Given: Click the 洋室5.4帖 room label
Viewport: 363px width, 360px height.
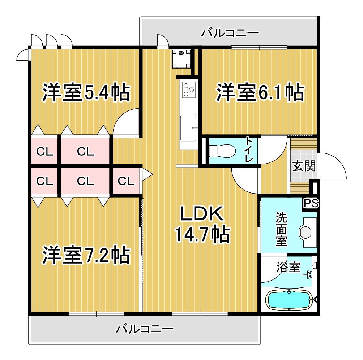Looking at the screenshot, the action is (x=86, y=92).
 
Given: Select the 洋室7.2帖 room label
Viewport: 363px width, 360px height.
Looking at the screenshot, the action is (x=86, y=255).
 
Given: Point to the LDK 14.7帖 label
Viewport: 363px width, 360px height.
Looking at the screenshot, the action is (x=202, y=224).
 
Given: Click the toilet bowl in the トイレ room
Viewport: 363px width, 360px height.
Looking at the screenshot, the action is (x=222, y=151).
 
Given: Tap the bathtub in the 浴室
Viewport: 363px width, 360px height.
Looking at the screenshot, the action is (x=289, y=300).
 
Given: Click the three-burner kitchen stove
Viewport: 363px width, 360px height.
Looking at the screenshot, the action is (x=189, y=90).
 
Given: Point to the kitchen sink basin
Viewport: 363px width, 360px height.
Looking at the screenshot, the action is (x=188, y=127).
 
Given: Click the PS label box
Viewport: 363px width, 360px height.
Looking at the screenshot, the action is (x=311, y=203).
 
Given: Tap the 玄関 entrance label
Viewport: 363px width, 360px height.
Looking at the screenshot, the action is (x=304, y=166).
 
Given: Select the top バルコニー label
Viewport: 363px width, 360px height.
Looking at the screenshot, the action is (x=230, y=33).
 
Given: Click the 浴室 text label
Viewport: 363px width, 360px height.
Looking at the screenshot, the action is (x=289, y=267).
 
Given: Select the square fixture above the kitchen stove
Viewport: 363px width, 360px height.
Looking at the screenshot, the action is (x=181, y=59).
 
